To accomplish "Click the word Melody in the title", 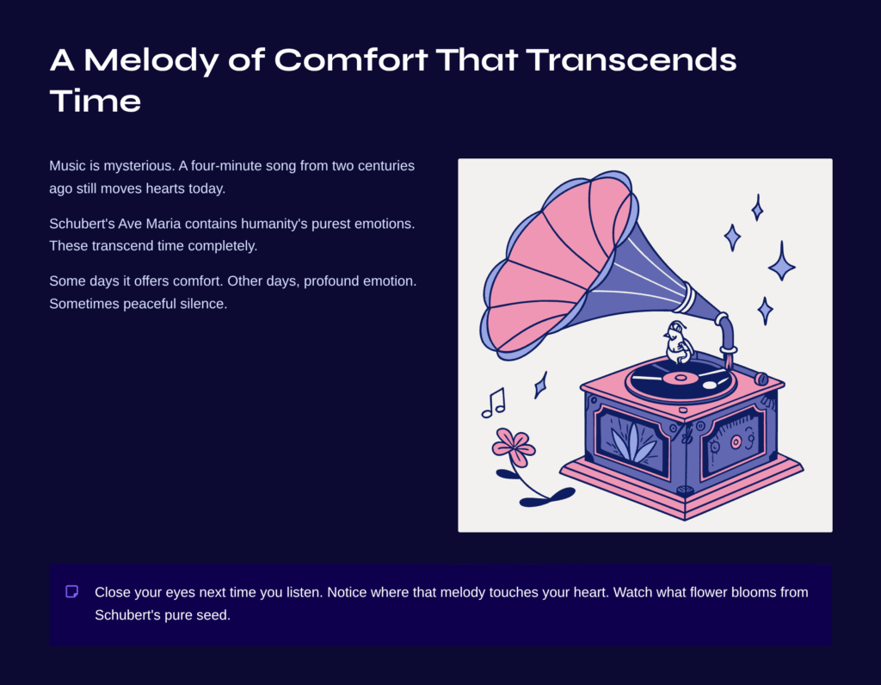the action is pos(151,60).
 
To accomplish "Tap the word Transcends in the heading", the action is pos(631,59).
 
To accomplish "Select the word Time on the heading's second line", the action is pos(95,102).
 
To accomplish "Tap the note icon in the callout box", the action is pos(72,591).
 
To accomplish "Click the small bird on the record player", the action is pos(677,342).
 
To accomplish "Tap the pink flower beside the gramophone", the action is pos(513,446).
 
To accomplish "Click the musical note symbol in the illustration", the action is pos(494,403).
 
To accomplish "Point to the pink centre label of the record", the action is pos(681,378).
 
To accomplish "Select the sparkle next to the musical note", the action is pos(540,385).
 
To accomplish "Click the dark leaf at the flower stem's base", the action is pos(546,498).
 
